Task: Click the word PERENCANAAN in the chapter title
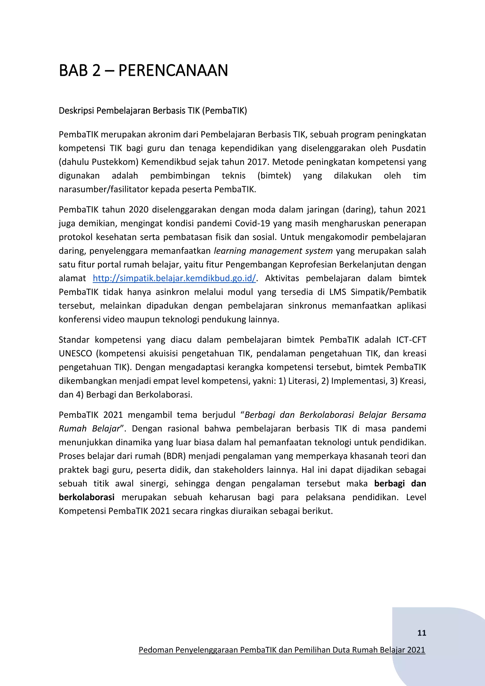click(173, 71)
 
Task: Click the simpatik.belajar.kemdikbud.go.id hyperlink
click(174, 278)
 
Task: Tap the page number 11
click(421, 633)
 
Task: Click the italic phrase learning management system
click(273, 251)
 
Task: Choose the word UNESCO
click(75, 353)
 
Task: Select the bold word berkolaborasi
click(87, 497)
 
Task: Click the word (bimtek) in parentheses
click(274, 176)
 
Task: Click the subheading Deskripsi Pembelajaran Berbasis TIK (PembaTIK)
click(153, 111)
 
